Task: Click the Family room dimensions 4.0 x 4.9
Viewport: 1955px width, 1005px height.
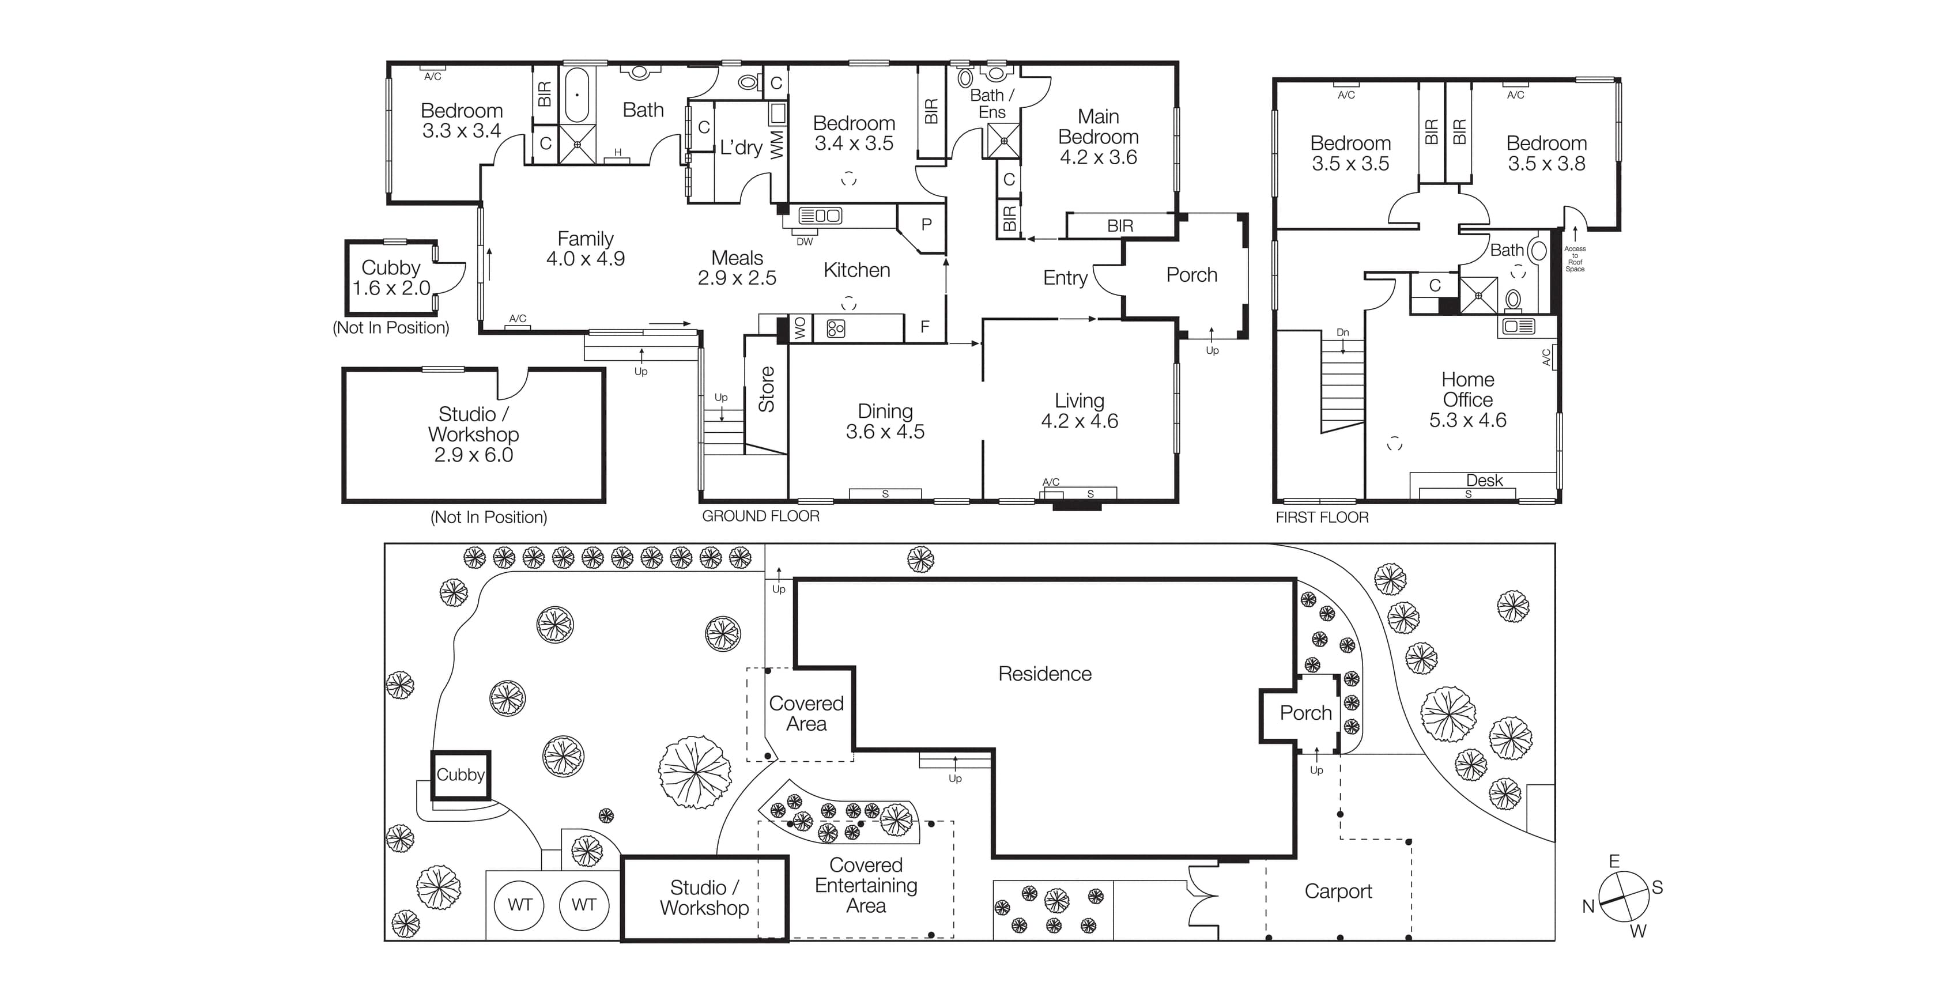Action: point(585,259)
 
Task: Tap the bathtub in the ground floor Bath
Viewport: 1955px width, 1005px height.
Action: point(577,95)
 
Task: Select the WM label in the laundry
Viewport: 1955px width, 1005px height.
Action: point(777,145)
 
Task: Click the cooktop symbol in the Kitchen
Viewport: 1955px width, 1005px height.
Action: point(836,328)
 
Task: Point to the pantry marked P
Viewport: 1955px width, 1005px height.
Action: point(926,225)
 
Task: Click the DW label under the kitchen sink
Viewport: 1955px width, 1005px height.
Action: point(805,242)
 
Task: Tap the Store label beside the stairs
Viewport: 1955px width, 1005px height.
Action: point(767,390)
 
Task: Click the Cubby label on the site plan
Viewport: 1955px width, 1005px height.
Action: point(460,775)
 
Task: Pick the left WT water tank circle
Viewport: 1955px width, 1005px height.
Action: point(520,905)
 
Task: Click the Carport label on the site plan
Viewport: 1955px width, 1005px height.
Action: point(1338,891)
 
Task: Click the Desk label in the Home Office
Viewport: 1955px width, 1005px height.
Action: point(1484,481)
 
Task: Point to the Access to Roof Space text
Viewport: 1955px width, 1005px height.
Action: point(1575,259)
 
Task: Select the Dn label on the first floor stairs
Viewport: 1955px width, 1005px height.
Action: point(1342,333)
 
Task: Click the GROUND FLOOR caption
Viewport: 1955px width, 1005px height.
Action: point(760,516)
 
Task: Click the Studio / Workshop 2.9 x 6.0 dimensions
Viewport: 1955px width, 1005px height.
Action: point(474,455)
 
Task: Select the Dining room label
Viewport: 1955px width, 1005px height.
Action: point(885,411)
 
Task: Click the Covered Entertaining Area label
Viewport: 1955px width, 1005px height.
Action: point(866,885)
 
